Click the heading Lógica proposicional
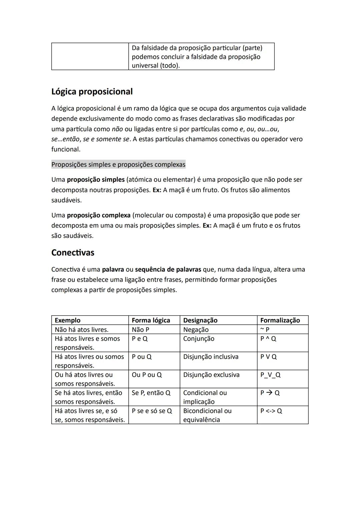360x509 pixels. pos(92,92)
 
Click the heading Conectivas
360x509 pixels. pos(73,253)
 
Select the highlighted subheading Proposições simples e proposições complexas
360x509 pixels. pos(118,165)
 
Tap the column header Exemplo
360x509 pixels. pos(68,320)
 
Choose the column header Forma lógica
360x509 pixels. pos(151,320)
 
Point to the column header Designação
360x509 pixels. pos(200,320)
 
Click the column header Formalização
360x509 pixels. pos(280,320)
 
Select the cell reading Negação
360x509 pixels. pos(196,330)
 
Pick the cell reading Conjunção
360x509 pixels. pos(199,339)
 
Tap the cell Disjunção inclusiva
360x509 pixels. pos(211,357)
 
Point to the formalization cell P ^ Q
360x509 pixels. pos(268,339)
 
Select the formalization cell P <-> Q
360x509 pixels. pos(271,411)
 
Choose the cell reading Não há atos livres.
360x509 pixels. pos(81,330)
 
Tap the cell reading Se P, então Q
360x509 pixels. pos(151,393)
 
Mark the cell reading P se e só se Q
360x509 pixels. pos(152,411)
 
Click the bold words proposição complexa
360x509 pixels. pos(99,215)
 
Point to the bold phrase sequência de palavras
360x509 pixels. pos(168,269)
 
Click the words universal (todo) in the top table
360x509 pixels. pos(156,66)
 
